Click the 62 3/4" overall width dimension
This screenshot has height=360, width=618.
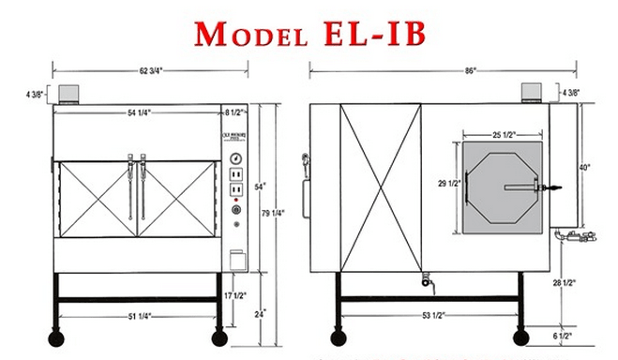(x=151, y=68)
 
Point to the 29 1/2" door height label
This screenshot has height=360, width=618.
(x=446, y=184)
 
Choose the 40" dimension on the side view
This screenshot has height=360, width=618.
(x=585, y=168)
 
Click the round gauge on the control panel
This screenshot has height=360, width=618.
(x=235, y=157)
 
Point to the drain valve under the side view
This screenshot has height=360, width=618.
(x=425, y=279)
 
